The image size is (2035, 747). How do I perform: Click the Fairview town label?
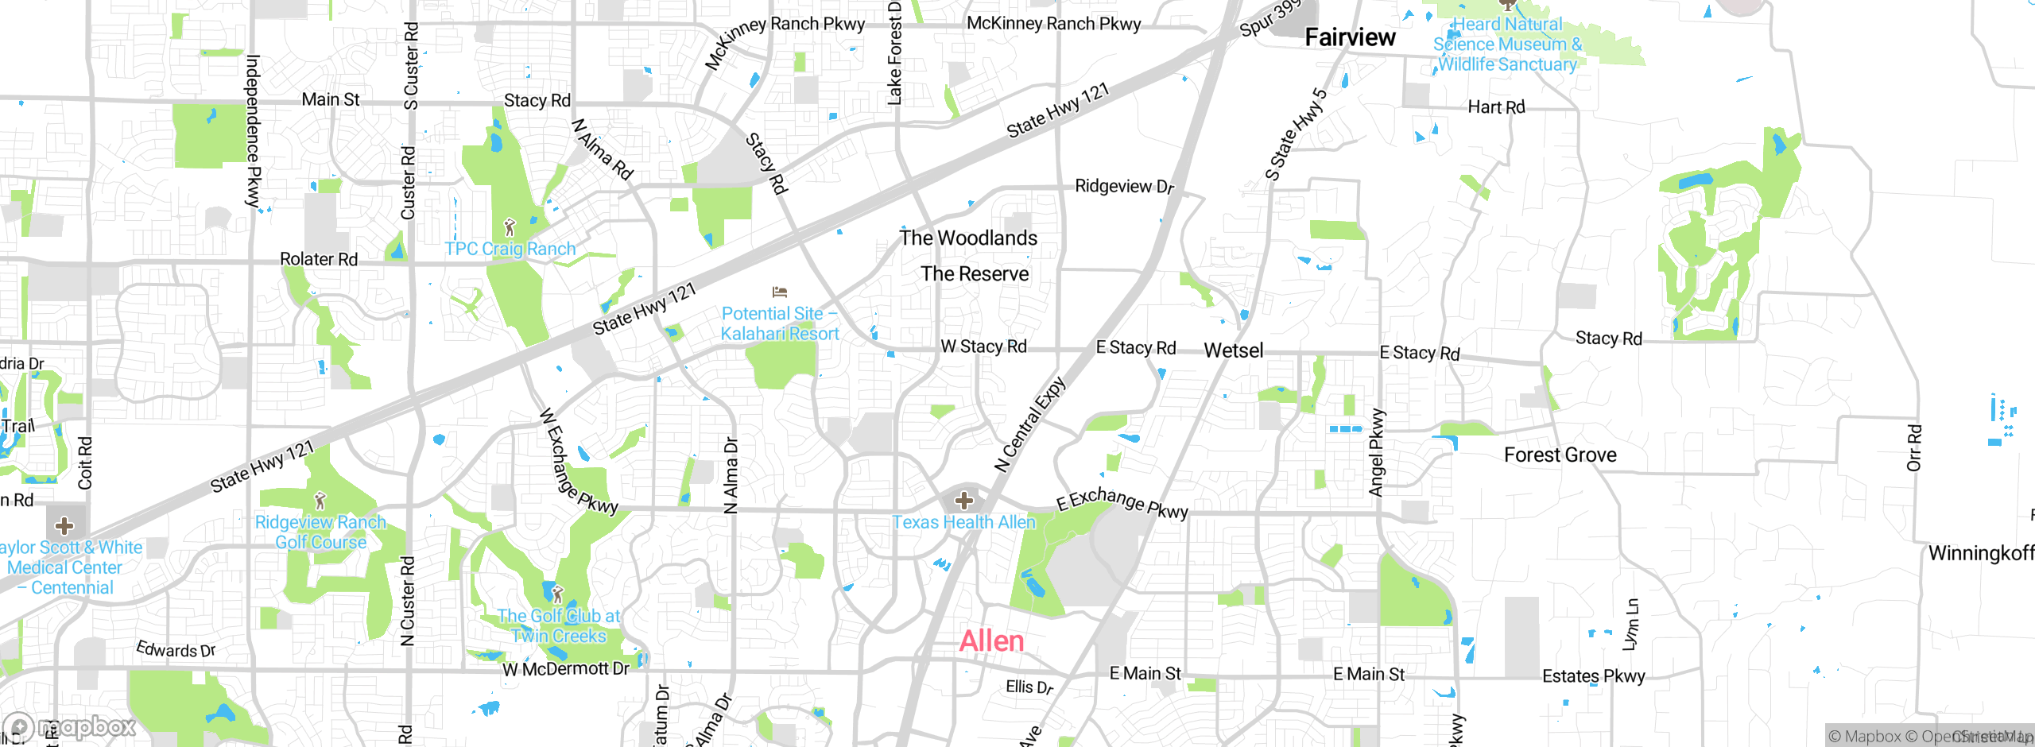pos(1350,37)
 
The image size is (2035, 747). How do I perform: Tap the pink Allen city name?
pos(991,641)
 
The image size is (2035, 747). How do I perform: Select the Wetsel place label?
pos(1233,350)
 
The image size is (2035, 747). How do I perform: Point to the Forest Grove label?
pos(1560,455)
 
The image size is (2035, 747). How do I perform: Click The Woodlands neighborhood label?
pos(968,238)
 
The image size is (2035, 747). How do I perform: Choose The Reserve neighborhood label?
pos(975,273)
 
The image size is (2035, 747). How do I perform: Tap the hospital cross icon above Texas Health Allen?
pos(964,501)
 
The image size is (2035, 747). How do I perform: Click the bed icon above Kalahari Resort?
pos(779,292)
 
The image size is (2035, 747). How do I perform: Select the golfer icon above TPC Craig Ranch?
pos(510,228)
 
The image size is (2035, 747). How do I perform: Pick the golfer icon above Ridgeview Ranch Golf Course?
pos(320,501)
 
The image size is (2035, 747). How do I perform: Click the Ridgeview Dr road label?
pos(1124,186)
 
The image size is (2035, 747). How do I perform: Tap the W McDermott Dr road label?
pos(565,669)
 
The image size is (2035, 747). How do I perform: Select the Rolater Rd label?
pos(319,259)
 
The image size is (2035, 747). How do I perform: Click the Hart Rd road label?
pos(1496,107)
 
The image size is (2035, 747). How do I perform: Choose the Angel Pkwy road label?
pos(1377,453)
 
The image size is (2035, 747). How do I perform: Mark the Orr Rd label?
pos(1914,447)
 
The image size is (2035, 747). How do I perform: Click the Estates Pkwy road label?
pos(1593,676)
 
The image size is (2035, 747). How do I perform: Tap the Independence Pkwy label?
pos(253,131)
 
